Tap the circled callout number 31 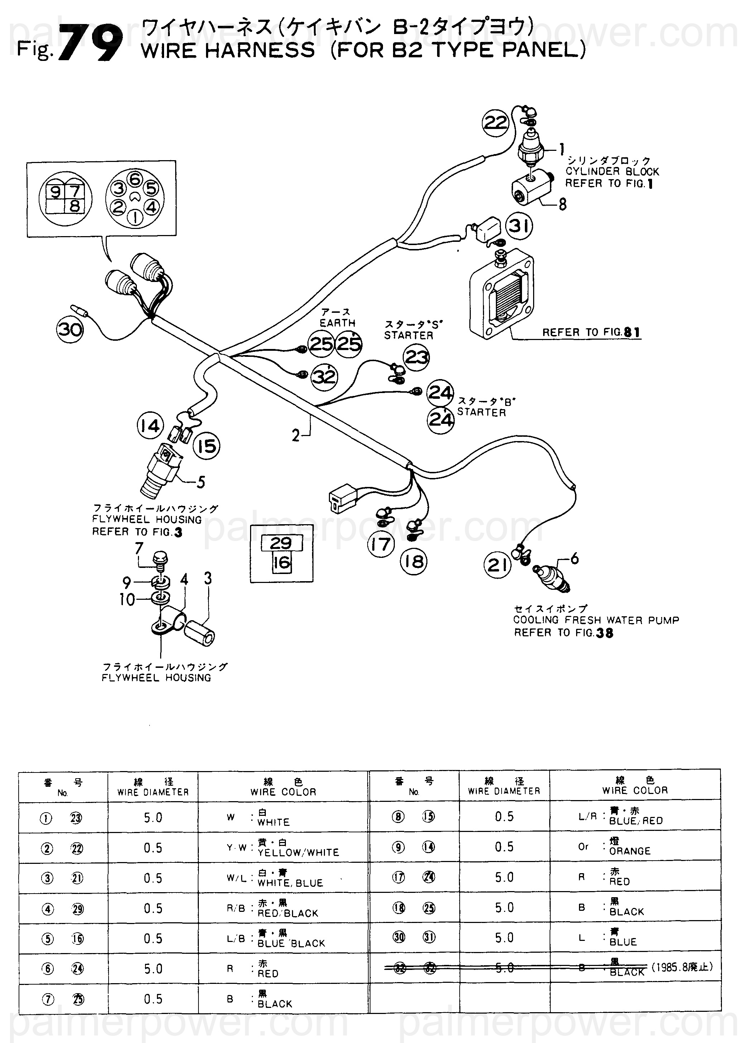pos(519,226)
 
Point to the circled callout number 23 pos(417,357)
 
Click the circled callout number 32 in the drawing pos(324,377)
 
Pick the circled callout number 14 pos(150,426)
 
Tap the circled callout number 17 pos(381,545)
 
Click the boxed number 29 pos(281,544)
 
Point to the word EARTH pos(337,323)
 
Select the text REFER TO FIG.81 pos(591,332)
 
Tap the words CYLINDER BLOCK pos(612,172)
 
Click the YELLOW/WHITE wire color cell pos(298,852)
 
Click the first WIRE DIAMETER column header pos(153,792)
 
